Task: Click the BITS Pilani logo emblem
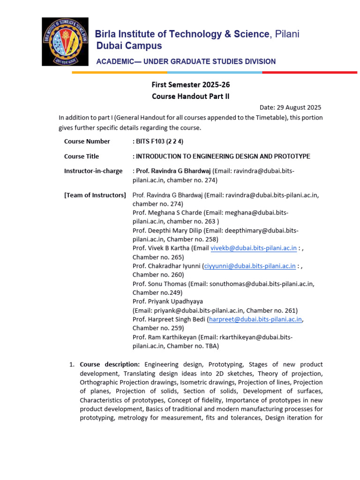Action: [x=65, y=41]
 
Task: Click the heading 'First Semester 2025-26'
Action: [x=190, y=85]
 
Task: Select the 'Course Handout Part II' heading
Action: [x=190, y=97]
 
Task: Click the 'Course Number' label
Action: [x=87, y=142]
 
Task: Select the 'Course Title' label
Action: [x=82, y=157]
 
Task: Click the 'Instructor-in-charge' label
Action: [x=93, y=171]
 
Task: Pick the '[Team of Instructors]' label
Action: [x=95, y=195]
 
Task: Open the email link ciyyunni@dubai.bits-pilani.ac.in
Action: [x=250, y=266]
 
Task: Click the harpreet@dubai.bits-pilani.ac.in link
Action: [x=255, y=319]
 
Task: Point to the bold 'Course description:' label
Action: [x=110, y=364]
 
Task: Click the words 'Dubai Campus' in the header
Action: [x=129, y=46]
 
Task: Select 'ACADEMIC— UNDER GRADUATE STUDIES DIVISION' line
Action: [x=186, y=61]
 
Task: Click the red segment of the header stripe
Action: [x=309, y=73]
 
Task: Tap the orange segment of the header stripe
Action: [x=120, y=73]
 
